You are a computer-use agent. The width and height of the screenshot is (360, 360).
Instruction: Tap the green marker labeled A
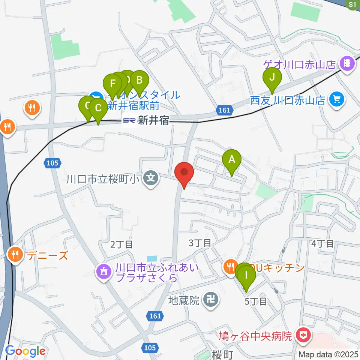click(232, 160)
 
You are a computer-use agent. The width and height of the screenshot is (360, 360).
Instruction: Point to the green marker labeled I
click(246, 276)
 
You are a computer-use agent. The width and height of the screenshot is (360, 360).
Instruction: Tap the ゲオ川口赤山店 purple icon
click(348, 63)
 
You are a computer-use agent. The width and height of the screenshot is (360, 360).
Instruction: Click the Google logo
click(25, 351)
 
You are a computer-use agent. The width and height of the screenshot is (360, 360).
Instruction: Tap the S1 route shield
click(352, 4)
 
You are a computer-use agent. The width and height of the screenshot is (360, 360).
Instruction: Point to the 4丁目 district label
click(322, 244)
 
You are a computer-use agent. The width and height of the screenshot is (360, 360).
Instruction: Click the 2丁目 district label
click(121, 245)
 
